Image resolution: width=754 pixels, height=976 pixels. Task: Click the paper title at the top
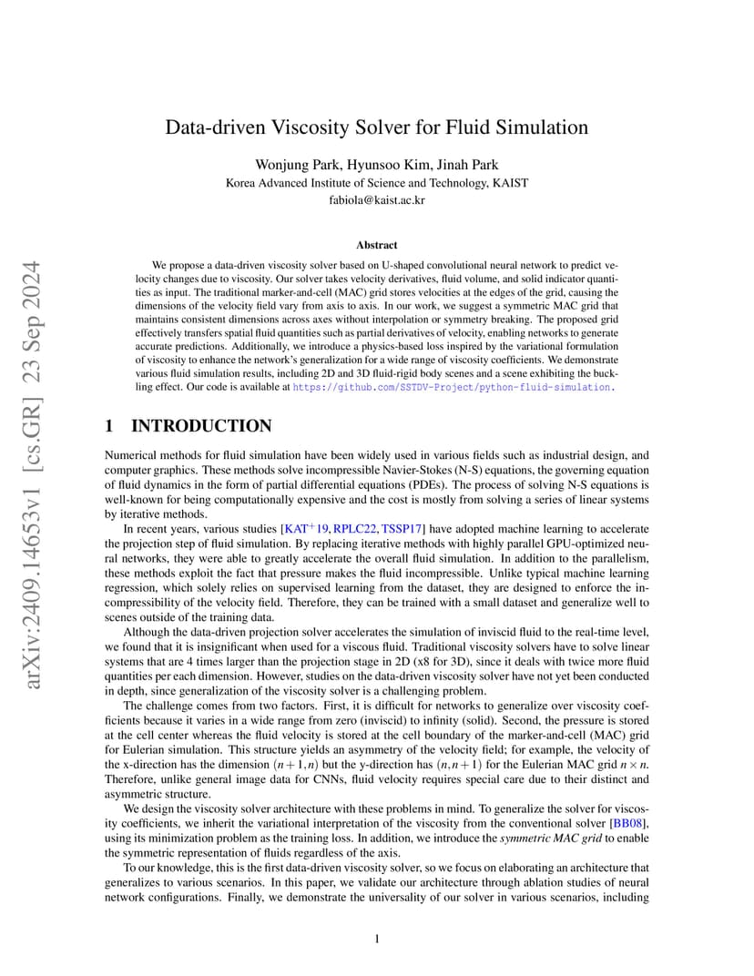[x=376, y=127]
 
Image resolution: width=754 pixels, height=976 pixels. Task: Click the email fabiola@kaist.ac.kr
[x=376, y=199]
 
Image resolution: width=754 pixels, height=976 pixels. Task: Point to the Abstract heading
[x=376, y=245]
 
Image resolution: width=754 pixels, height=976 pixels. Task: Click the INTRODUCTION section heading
[x=201, y=426]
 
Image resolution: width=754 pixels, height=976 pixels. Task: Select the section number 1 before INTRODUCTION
[x=110, y=426]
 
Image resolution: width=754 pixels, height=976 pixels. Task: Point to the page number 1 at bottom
[x=376, y=940]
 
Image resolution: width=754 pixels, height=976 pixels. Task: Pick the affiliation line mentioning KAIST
[x=376, y=182]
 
